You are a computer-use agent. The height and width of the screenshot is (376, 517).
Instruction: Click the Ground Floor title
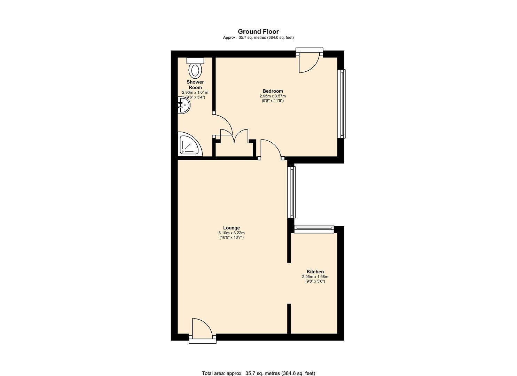pyautogui.click(x=258, y=32)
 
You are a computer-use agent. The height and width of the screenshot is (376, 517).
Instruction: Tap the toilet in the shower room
pyautogui.click(x=195, y=69)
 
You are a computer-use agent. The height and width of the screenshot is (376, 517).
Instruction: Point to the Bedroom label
pyautogui.click(x=273, y=91)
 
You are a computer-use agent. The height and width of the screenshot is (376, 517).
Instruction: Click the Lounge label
pyautogui.click(x=232, y=228)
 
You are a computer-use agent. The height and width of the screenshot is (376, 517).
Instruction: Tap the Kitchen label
pyautogui.click(x=315, y=272)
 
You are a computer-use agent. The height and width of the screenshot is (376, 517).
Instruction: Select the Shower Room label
pyautogui.click(x=195, y=85)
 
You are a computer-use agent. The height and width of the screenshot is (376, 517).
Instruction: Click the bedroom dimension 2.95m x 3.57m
pyautogui.click(x=273, y=96)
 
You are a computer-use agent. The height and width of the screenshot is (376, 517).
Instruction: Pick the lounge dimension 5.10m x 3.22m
pyautogui.click(x=232, y=233)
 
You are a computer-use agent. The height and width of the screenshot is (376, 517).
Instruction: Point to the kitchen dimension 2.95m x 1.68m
pyautogui.click(x=315, y=277)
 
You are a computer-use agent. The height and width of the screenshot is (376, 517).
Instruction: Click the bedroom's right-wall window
pyautogui.click(x=342, y=103)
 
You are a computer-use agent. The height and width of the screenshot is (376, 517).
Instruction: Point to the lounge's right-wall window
pyautogui.click(x=292, y=192)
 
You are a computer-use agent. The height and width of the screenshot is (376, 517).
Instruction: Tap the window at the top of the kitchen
pyautogui.click(x=314, y=228)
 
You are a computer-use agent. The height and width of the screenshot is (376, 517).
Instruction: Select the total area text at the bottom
pyautogui.click(x=258, y=373)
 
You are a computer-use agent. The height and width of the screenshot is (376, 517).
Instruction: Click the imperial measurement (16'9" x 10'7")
pyautogui.click(x=232, y=237)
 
